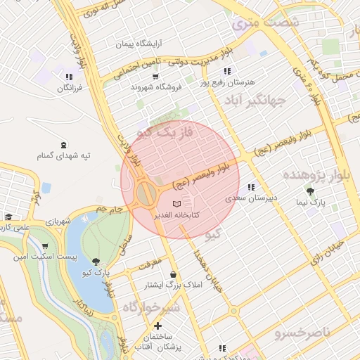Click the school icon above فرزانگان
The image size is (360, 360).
tap(68, 77)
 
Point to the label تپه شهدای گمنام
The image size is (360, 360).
tap(65, 155)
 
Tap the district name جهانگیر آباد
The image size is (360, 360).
tap(255, 101)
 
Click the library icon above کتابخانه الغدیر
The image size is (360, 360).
tap(175, 203)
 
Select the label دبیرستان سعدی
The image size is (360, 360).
tap(251, 198)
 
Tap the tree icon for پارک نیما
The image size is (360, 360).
tap(310, 190)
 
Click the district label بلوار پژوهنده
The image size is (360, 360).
tap(310, 174)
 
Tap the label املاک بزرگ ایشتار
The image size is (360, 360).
tap(173, 285)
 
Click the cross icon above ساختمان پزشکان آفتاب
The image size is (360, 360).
tap(157, 326)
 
